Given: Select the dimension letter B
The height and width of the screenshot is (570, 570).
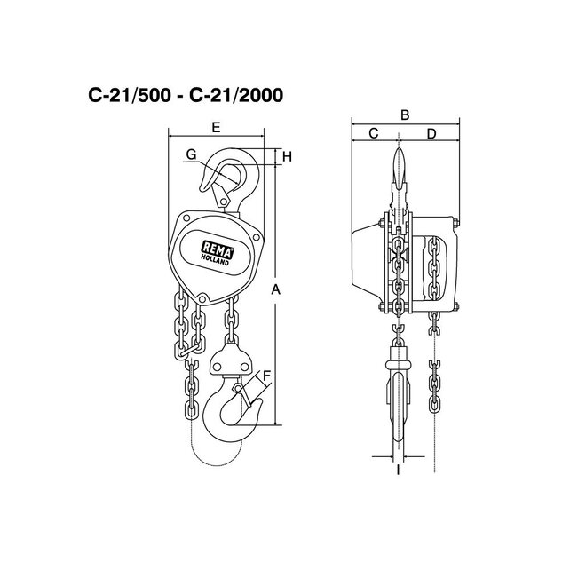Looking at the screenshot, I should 404,115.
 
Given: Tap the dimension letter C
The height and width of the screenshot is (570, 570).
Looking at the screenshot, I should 373,134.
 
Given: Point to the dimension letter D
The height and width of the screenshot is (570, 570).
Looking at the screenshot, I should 431,134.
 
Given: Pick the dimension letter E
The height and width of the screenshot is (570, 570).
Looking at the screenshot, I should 216,128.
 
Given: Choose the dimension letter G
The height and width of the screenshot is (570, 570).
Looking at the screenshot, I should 191,155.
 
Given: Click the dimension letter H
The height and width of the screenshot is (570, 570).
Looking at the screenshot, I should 287,157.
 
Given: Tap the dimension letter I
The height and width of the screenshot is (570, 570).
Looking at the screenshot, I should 398,471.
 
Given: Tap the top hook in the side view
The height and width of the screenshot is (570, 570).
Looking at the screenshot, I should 399,173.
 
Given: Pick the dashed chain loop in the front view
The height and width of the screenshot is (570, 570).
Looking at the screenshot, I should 200,448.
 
